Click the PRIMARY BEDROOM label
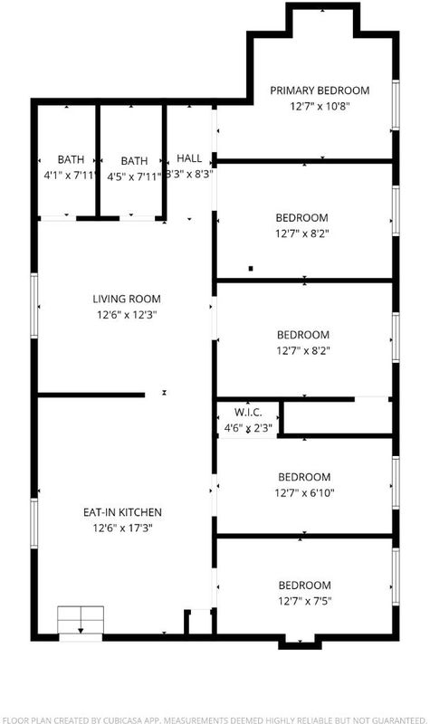click(320, 90)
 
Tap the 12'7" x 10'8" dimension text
click(320, 106)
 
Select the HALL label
click(189, 158)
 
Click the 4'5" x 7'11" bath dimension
click(134, 176)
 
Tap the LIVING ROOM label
click(127, 299)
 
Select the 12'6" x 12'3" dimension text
click(127, 315)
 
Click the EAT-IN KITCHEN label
click(122, 512)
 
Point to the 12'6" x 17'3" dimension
click(122, 528)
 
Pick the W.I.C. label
click(248, 413)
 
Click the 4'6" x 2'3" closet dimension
click(248, 428)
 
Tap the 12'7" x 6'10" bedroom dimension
click(304, 492)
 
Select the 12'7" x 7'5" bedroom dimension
click(304, 601)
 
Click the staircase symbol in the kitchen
click(81, 620)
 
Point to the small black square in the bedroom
click(251, 268)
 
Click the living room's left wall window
click(34, 306)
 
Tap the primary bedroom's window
click(396, 105)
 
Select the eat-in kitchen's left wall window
click(34, 524)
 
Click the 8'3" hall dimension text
click(189, 175)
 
